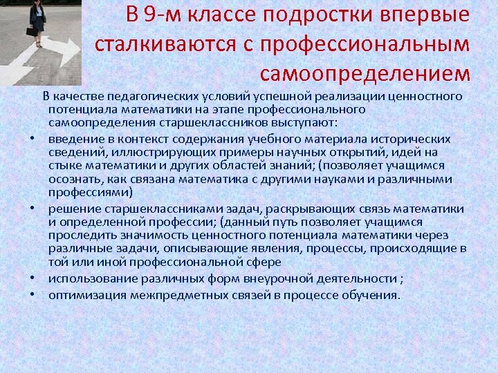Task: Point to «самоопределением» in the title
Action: click(x=365, y=73)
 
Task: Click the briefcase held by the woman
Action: click(x=32, y=32)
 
